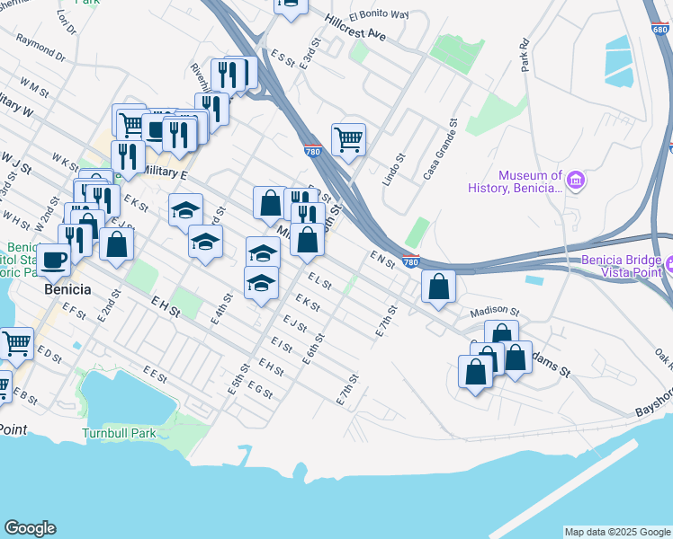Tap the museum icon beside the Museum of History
[x=576, y=181]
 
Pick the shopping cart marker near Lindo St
[x=348, y=139]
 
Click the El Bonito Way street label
[x=379, y=14]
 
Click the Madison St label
[x=495, y=311]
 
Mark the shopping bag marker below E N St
[x=438, y=287]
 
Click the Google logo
[x=30, y=528]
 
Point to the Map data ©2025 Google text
[x=616, y=532]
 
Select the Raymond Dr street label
[x=41, y=48]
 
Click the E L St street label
[x=319, y=281]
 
